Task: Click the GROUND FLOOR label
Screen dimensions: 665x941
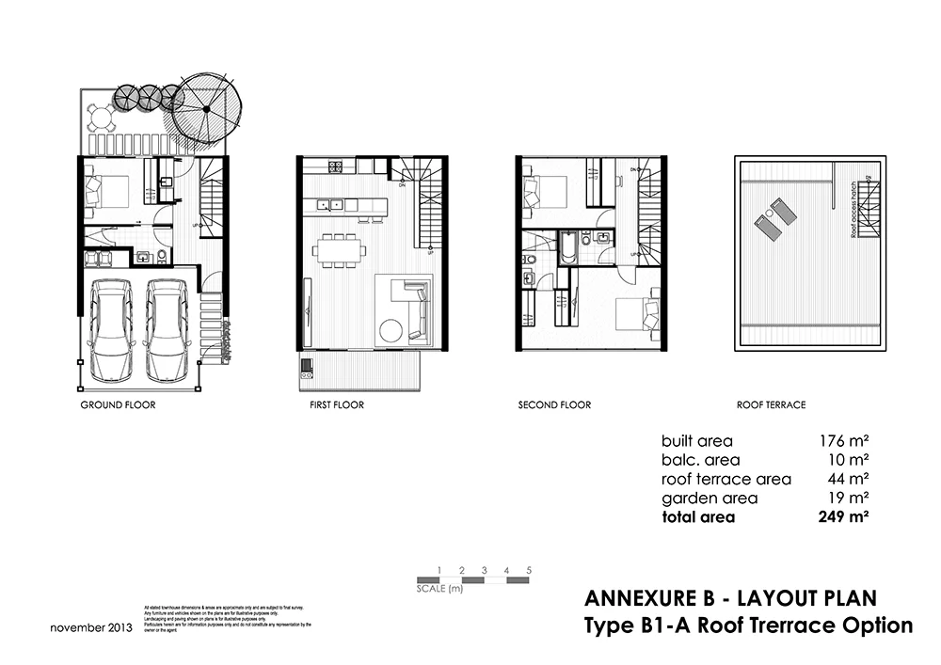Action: pyautogui.click(x=118, y=405)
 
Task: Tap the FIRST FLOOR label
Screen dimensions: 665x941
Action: pyautogui.click(x=336, y=405)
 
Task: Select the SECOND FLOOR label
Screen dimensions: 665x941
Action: pyautogui.click(x=554, y=405)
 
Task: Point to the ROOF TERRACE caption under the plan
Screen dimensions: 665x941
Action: pyautogui.click(x=771, y=405)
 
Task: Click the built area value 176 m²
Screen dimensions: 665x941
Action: pyautogui.click(x=843, y=440)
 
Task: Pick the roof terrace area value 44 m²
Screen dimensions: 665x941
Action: pyautogui.click(x=847, y=479)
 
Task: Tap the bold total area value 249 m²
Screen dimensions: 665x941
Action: pyautogui.click(x=843, y=517)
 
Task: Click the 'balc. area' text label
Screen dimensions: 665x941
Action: pyautogui.click(x=700, y=460)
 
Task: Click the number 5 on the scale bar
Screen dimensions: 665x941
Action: pyautogui.click(x=530, y=570)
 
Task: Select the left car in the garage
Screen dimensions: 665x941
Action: pyautogui.click(x=111, y=328)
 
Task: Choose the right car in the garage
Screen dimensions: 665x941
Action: pyautogui.click(x=168, y=328)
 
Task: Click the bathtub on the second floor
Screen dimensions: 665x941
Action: pyautogui.click(x=567, y=246)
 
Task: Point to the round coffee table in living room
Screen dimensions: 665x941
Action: pyautogui.click(x=391, y=330)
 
